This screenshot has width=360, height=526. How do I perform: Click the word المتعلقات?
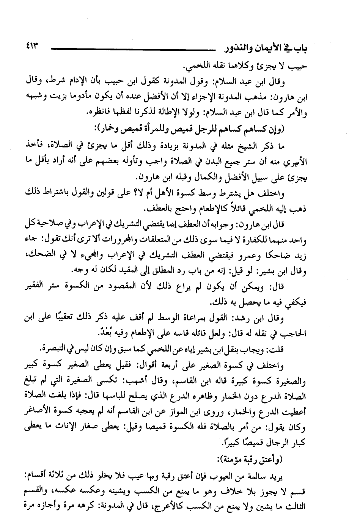point(183,240)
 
